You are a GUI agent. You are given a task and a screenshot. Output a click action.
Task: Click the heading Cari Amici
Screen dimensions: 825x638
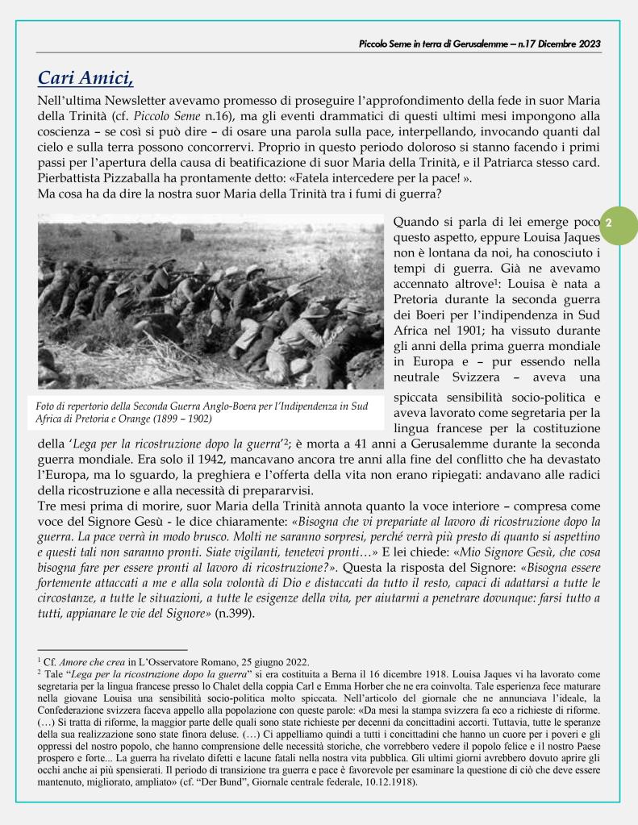89,79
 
